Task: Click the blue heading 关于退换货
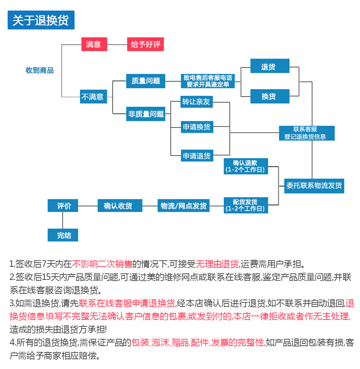41,20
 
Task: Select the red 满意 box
94,44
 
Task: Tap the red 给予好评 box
145,44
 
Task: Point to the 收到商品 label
40,70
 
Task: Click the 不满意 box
93,96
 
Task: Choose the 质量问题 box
145,81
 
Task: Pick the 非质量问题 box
145,114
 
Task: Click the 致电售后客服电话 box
208,81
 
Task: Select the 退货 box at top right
270,66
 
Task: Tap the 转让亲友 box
197,102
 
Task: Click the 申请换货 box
197,127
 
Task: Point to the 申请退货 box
197,156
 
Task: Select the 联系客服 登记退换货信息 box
307,133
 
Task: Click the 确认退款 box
246,166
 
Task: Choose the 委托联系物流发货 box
314,186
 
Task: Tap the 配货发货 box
246,205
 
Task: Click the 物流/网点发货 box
183,206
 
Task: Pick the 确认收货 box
120,206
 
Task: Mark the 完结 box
63,235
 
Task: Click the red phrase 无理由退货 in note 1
217,264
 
